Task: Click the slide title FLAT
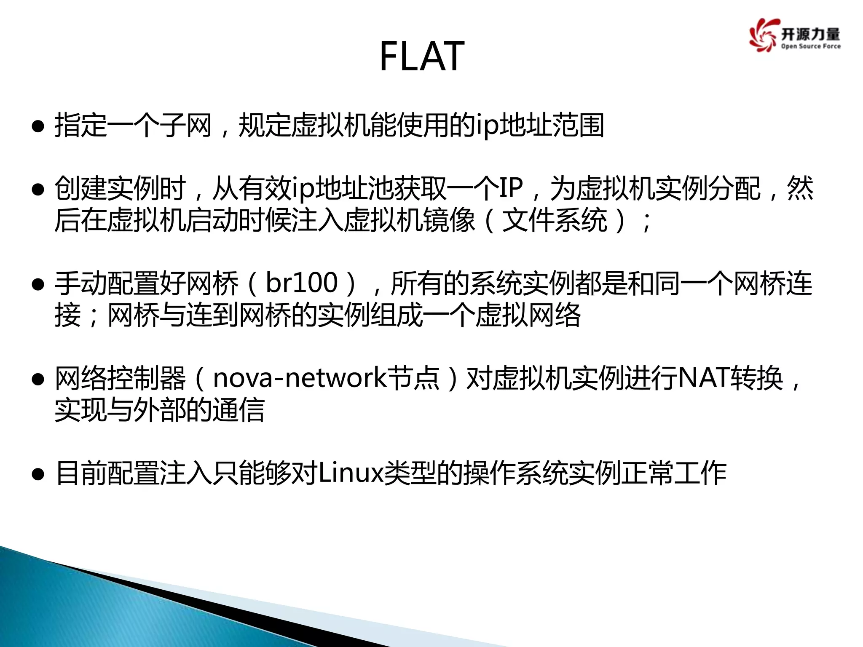[x=422, y=57]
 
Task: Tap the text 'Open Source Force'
[x=811, y=46]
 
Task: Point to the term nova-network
[x=300, y=377]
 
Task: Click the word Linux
[x=351, y=473]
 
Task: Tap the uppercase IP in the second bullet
[x=511, y=188]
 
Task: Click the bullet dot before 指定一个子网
[x=38, y=126]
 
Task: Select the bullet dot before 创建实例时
[x=38, y=189]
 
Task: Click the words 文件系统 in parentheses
[x=555, y=220]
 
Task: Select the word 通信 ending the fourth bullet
[x=238, y=410]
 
